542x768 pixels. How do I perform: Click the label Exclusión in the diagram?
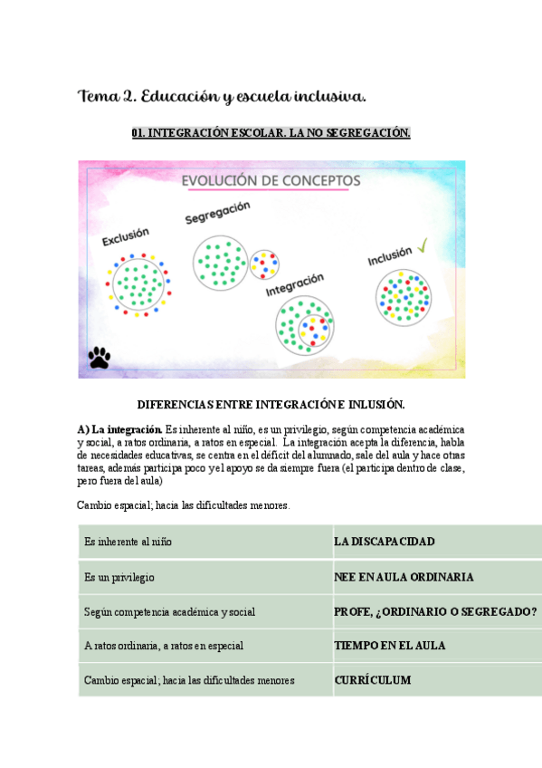click(126, 237)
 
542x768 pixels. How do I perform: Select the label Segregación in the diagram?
click(217, 213)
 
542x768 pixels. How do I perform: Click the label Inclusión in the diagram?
click(389, 256)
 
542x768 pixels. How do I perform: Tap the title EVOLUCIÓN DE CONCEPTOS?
click(271, 181)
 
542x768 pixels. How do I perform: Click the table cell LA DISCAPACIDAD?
click(385, 542)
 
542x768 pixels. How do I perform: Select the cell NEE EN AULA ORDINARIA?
click(404, 577)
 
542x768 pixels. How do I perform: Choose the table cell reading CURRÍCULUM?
click(373, 680)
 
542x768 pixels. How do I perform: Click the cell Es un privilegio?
click(119, 577)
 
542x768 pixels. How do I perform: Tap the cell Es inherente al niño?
click(128, 542)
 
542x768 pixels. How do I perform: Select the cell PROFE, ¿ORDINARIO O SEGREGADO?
click(435, 611)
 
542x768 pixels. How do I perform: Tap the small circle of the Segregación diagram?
click(264, 264)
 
